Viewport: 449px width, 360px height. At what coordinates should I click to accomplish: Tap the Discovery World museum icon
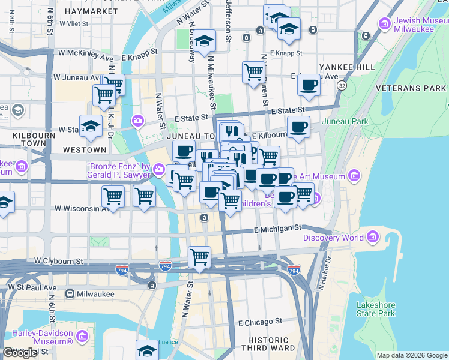[373, 238]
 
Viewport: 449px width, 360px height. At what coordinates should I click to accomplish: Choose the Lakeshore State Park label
[375, 309]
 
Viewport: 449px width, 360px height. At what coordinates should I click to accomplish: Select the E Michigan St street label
[277, 229]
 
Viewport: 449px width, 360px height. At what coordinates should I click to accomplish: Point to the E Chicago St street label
[259, 322]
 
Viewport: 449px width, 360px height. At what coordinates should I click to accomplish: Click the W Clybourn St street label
[58, 261]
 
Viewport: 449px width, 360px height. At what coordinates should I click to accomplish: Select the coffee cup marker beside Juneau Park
[298, 127]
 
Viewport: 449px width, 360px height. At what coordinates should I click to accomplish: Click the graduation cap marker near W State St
[91, 125]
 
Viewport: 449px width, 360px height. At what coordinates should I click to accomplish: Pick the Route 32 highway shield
[342, 86]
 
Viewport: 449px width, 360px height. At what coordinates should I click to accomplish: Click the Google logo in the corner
[20, 353]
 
